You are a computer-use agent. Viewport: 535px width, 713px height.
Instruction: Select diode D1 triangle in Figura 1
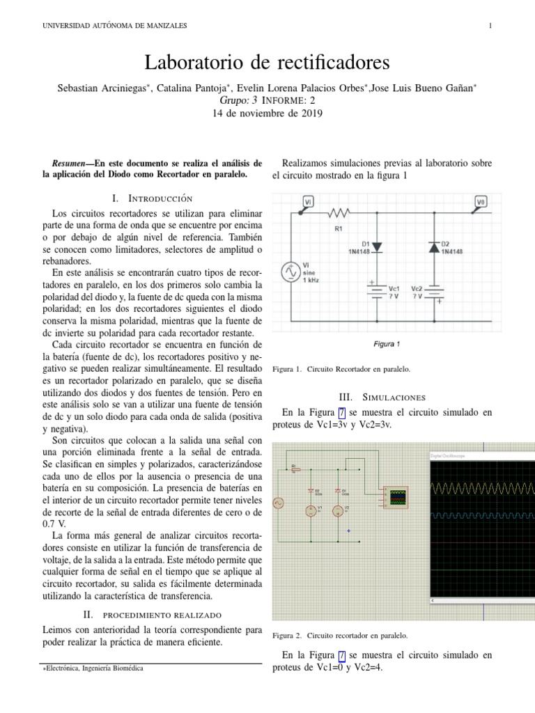(x=376, y=246)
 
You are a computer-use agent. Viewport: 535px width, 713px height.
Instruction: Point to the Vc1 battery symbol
(x=376, y=291)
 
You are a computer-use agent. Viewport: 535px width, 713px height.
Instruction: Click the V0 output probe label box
(x=480, y=201)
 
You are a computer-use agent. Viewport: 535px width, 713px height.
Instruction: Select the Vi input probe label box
(x=308, y=201)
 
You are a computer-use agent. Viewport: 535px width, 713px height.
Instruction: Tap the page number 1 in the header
(x=490, y=26)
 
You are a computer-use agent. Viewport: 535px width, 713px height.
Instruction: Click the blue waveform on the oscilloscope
(x=481, y=515)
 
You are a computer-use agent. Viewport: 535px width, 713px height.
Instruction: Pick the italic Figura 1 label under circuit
(x=387, y=344)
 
